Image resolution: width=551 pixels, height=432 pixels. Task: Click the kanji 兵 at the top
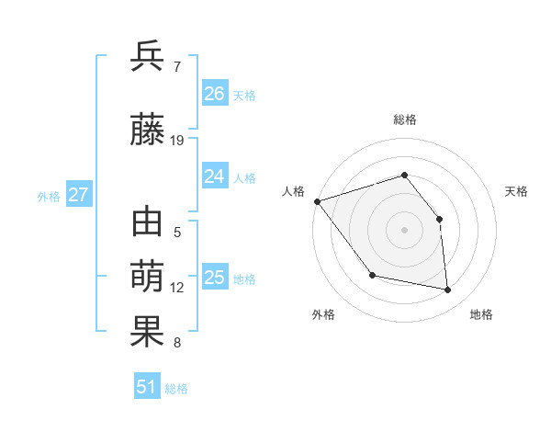[x=148, y=58]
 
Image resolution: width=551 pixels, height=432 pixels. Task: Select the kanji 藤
[x=148, y=131]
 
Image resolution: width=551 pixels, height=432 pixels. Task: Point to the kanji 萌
[x=148, y=277]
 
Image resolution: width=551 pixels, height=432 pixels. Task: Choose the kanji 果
[x=148, y=332]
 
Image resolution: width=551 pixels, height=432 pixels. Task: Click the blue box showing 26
[x=215, y=94]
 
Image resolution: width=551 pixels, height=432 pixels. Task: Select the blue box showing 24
[x=215, y=176]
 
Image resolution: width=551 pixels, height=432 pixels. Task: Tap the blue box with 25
[x=215, y=278]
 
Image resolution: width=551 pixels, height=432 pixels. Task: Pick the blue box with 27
[x=79, y=195]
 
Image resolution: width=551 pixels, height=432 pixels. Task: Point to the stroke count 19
[x=177, y=141]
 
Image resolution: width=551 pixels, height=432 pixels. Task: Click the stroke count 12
[x=177, y=288]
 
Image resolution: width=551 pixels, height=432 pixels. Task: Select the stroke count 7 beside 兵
[x=177, y=67]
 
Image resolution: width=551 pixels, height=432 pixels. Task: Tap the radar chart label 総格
[x=404, y=119]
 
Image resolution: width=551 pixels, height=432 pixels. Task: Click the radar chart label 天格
[x=516, y=191]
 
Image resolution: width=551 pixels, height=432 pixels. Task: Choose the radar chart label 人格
[x=293, y=191]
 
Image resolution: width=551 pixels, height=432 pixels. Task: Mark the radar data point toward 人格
[x=317, y=201]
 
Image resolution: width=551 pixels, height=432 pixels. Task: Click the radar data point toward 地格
[x=448, y=290]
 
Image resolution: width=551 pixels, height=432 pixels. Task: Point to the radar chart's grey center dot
[x=404, y=229]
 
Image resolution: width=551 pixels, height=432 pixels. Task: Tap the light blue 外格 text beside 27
[x=49, y=196]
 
